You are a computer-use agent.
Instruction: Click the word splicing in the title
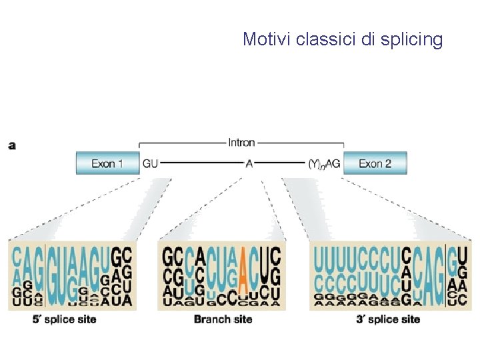tap(411, 40)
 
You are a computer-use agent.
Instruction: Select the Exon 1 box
tap(107, 163)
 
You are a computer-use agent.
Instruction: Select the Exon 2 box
tap(375, 163)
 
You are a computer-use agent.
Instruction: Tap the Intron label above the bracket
tap(241, 142)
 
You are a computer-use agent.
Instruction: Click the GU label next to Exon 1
tap(150, 163)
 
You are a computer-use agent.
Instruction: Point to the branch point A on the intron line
tap(249, 163)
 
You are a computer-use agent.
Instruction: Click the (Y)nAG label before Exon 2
tap(325, 163)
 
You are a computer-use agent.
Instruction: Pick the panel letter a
tap(12, 145)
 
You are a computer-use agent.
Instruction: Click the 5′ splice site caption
tap(64, 319)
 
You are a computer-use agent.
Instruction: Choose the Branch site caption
tap(223, 319)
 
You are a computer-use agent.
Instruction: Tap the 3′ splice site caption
tap(388, 319)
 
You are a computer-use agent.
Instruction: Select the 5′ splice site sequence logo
tap(71, 275)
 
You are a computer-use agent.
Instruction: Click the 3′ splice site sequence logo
tap(390, 275)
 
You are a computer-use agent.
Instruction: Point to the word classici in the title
tap(325, 39)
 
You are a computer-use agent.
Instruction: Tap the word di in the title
tap(369, 39)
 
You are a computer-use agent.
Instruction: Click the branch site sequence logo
tap(221, 275)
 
